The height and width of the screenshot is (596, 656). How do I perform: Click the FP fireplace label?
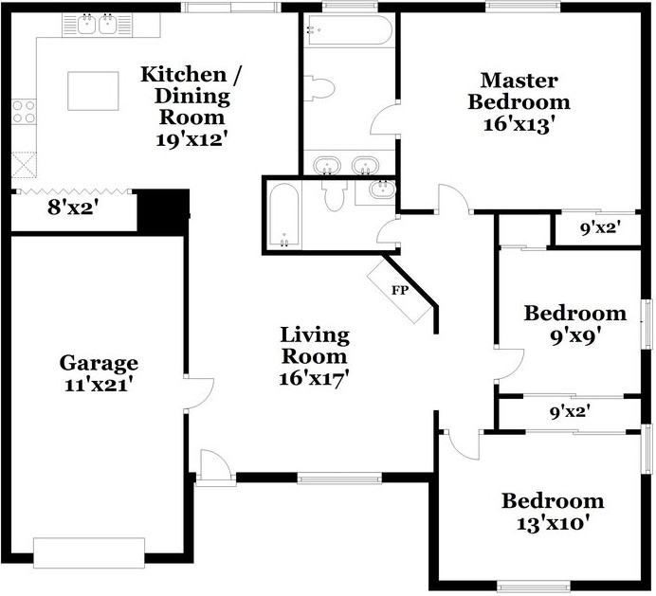coord(399,290)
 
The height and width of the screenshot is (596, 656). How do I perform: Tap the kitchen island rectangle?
coord(93,91)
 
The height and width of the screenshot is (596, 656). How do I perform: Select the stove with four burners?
coord(24,112)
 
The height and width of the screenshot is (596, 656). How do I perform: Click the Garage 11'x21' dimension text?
coord(99,385)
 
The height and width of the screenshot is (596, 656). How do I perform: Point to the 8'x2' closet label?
coord(73,208)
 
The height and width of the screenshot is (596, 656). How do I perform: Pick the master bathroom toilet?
coord(319,88)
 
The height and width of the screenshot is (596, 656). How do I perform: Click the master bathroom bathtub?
coord(348,29)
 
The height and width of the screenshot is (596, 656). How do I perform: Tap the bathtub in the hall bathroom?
coord(283,216)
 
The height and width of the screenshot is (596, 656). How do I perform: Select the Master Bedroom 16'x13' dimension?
coord(519,124)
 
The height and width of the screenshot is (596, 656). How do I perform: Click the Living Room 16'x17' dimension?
coord(314,379)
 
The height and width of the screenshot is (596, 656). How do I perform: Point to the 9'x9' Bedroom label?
coord(575,335)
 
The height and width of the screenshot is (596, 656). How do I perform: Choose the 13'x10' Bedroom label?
coord(553,523)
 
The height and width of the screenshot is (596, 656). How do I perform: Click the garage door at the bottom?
coord(89,553)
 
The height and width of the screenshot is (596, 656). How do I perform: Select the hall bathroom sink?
coord(382,190)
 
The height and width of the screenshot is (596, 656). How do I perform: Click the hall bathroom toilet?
coord(334,195)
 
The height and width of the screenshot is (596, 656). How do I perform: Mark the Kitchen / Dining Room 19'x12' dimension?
coord(192,139)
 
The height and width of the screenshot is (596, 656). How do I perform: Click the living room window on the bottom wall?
coord(339,479)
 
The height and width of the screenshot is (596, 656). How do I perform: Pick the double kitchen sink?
coord(97,25)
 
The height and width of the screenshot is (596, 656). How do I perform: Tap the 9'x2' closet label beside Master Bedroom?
coord(600,228)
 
